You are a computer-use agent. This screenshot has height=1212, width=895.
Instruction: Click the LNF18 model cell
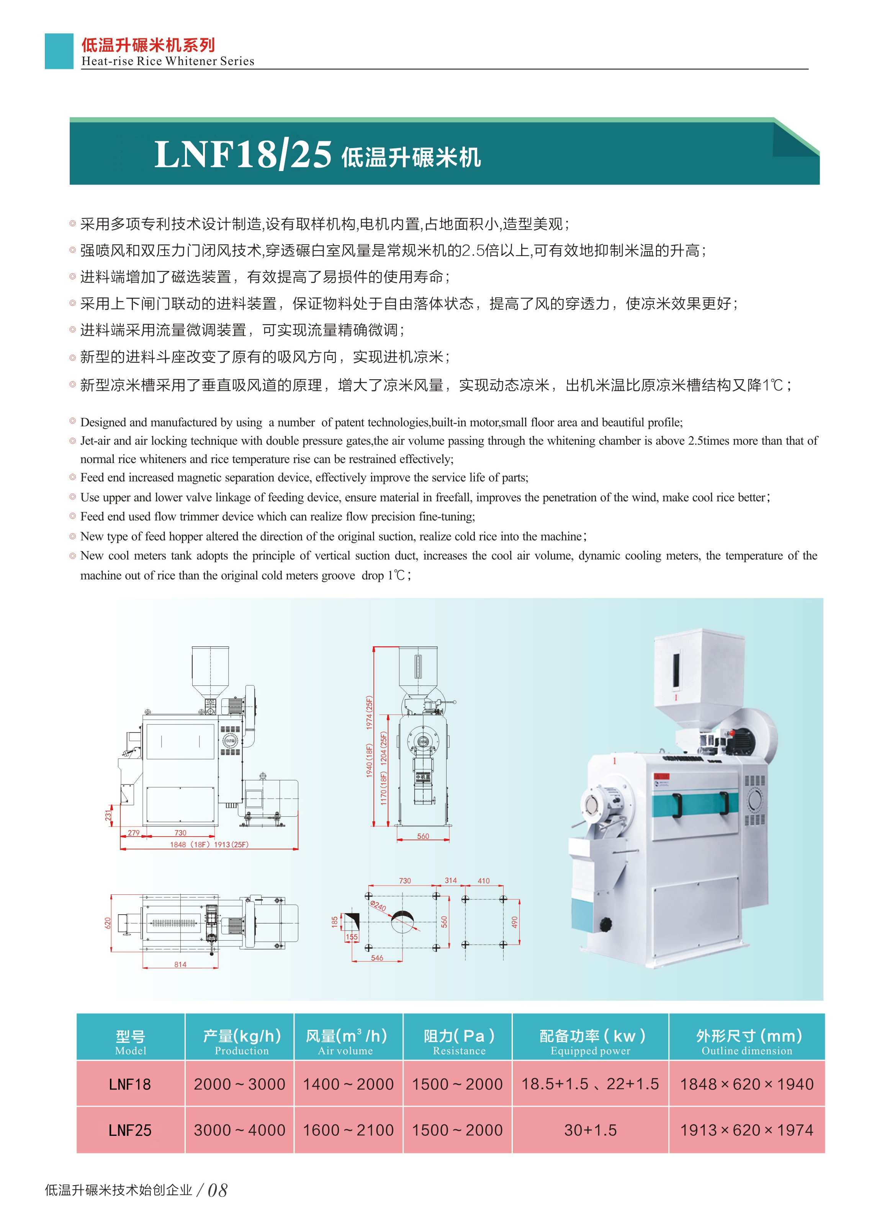(x=131, y=1084)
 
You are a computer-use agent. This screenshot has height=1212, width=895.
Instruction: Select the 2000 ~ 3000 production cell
(x=239, y=1084)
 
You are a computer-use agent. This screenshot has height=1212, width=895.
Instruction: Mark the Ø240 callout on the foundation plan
(x=378, y=905)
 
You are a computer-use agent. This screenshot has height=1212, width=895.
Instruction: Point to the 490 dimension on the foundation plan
(x=514, y=922)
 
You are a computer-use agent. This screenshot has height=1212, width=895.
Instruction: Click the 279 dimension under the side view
(x=134, y=832)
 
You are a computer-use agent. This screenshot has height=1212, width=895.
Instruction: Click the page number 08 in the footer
(x=217, y=1190)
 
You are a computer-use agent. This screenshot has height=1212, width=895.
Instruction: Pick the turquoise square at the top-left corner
(x=59, y=51)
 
